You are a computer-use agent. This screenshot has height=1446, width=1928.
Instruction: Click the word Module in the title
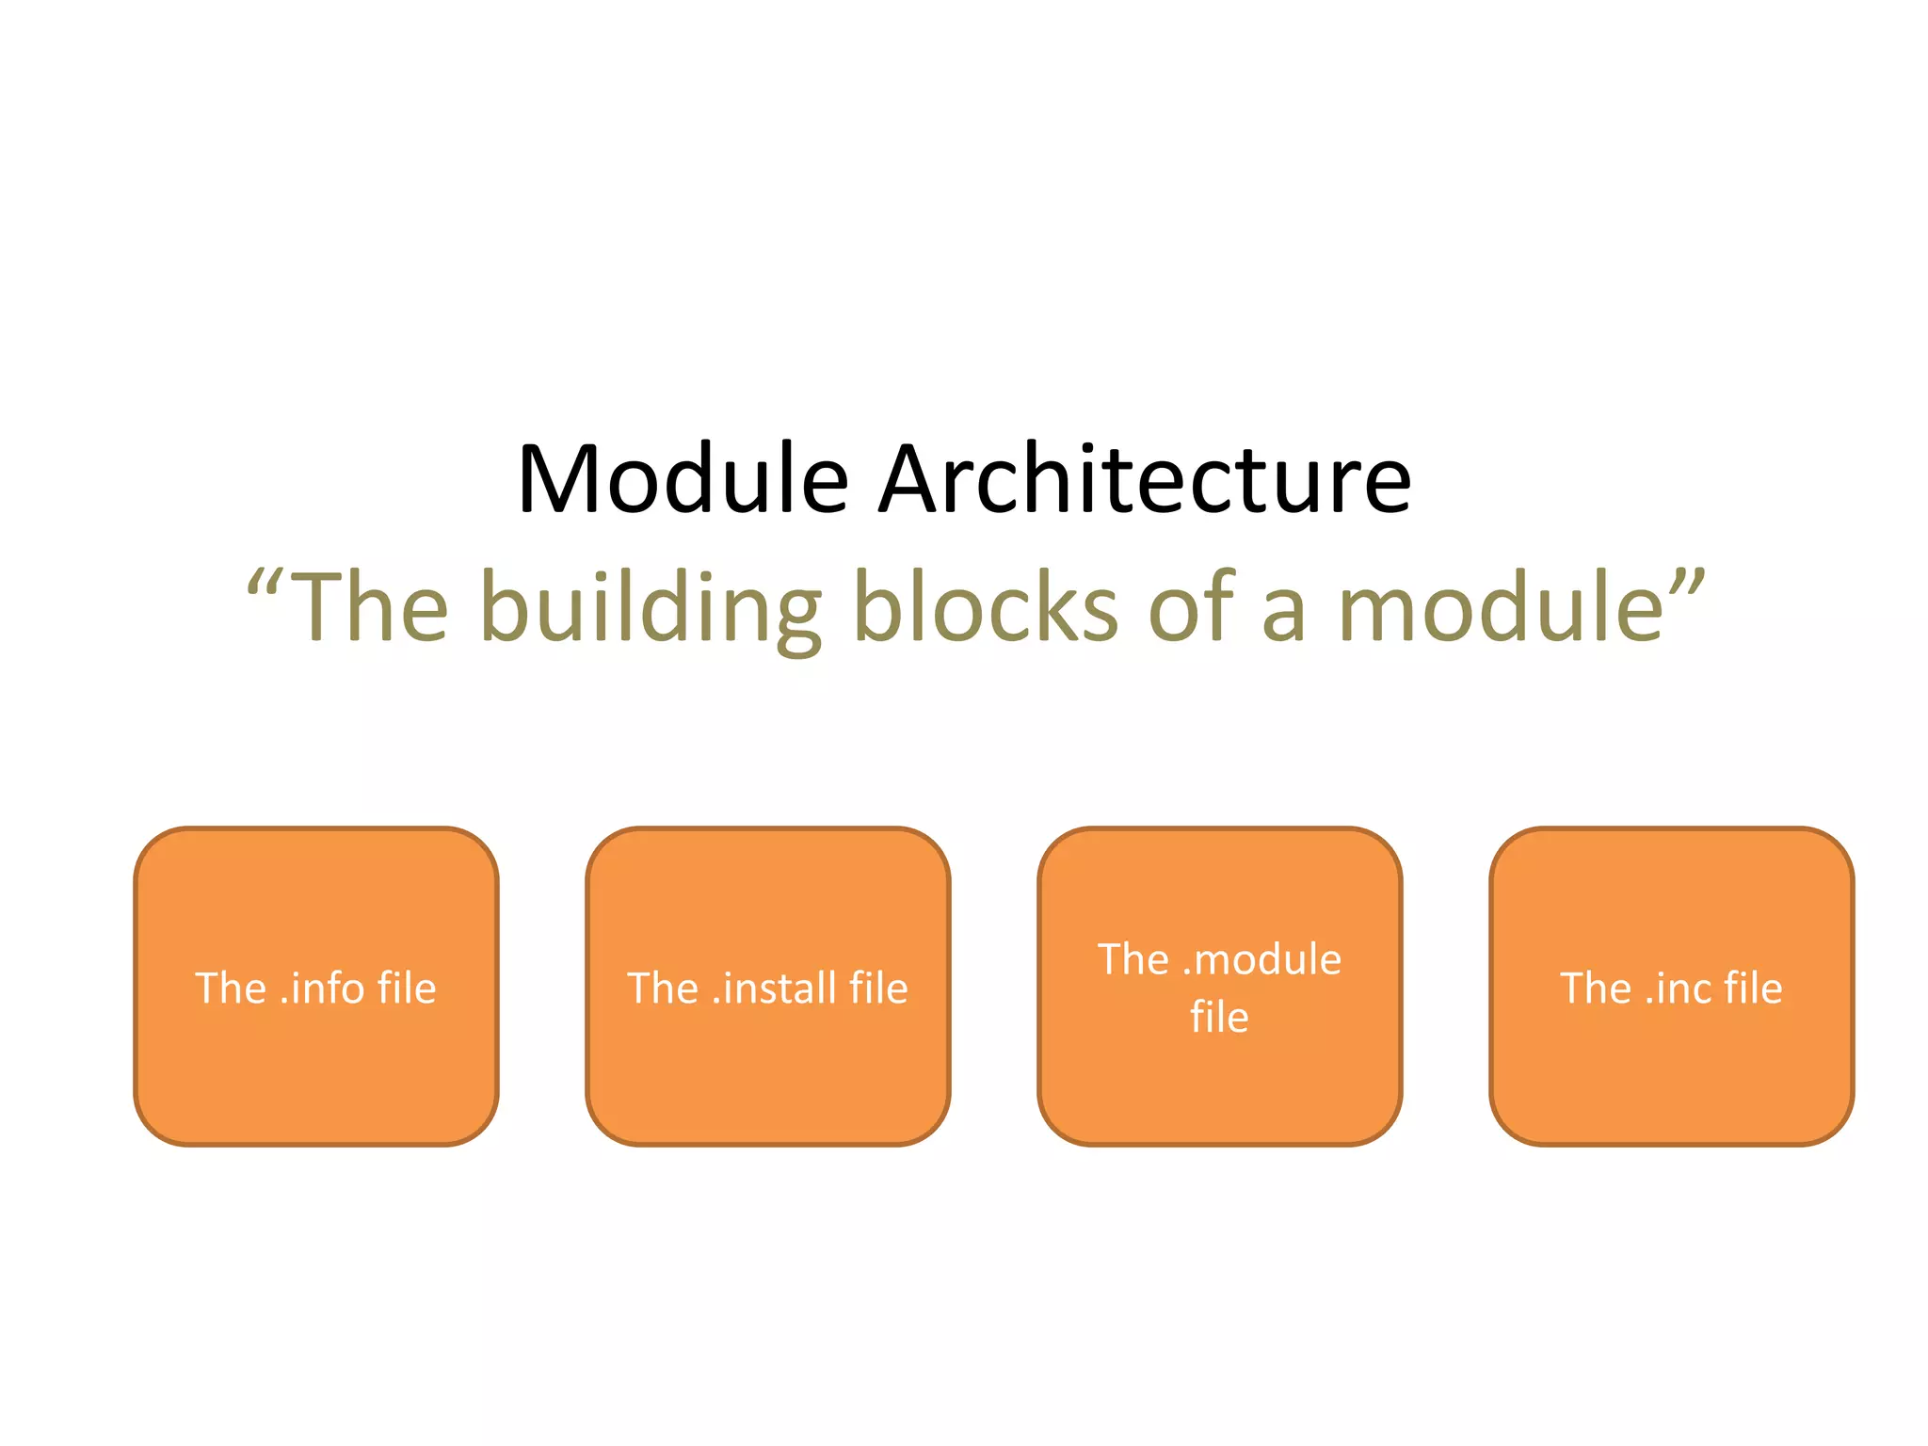tap(683, 479)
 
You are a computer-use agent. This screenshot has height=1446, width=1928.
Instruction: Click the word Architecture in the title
tap(1144, 479)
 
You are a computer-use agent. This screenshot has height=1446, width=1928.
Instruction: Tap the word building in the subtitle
tap(650, 608)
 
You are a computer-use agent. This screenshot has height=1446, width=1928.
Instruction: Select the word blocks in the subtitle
tap(985, 608)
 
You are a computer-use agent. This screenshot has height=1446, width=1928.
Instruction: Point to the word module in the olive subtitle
tap(1502, 608)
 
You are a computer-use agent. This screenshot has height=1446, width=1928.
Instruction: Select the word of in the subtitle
tap(1191, 608)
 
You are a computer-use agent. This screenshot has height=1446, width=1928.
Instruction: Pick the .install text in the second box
tap(774, 988)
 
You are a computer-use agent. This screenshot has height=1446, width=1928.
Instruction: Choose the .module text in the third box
tap(1261, 959)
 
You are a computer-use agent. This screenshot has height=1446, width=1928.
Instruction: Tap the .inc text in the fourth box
tap(1685, 988)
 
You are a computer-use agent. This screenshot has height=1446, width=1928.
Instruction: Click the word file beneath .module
tap(1219, 1018)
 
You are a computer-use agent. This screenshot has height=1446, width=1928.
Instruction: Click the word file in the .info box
tap(407, 988)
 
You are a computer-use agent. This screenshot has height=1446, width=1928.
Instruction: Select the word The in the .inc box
tap(1596, 988)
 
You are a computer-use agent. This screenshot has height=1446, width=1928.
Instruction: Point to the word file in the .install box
tap(878, 988)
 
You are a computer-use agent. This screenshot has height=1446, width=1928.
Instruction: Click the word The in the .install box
tap(663, 988)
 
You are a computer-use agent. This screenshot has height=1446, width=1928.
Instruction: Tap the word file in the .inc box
tap(1754, 988)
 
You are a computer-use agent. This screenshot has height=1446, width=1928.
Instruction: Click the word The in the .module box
tap(1133, 959)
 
